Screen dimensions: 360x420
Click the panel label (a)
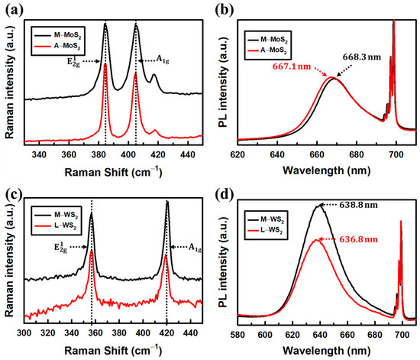click(10, 9)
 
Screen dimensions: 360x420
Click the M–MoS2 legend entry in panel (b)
click(279, 31)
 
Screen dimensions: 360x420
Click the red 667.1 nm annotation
click(292, 66)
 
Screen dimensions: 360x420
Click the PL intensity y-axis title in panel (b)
click(222, 79)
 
